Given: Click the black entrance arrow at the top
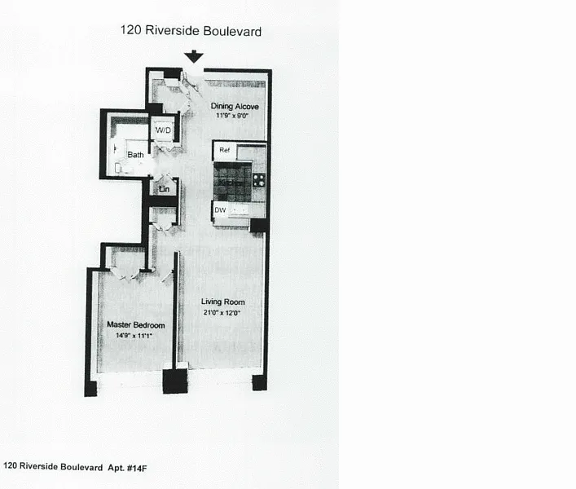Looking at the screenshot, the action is (194, 56).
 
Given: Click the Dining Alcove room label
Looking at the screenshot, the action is (235, 106).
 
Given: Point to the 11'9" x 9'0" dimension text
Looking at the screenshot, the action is (232, 116).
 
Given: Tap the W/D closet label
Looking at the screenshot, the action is (163, 130).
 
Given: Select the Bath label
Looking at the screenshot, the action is (135, 155).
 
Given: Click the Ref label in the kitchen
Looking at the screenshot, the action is (224, 150).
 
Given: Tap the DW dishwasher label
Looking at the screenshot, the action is (220, 210).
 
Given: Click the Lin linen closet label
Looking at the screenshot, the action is (165, 189).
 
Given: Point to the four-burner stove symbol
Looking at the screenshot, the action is (258, 180).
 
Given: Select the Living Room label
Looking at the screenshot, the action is (222, 302).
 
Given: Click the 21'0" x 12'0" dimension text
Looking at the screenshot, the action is (222, 313).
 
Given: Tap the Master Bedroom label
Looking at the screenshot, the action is (135, 324).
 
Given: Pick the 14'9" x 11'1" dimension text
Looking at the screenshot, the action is (134, 336).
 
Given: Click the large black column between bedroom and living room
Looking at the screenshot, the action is (175, 381).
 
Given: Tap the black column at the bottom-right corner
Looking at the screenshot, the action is (259, 383).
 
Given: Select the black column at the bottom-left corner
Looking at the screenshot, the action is (90, 389).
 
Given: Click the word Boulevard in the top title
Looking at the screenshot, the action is (232, 31).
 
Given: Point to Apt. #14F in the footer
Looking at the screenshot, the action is (127, 468).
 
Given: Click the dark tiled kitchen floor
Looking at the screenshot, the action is (232, 182).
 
